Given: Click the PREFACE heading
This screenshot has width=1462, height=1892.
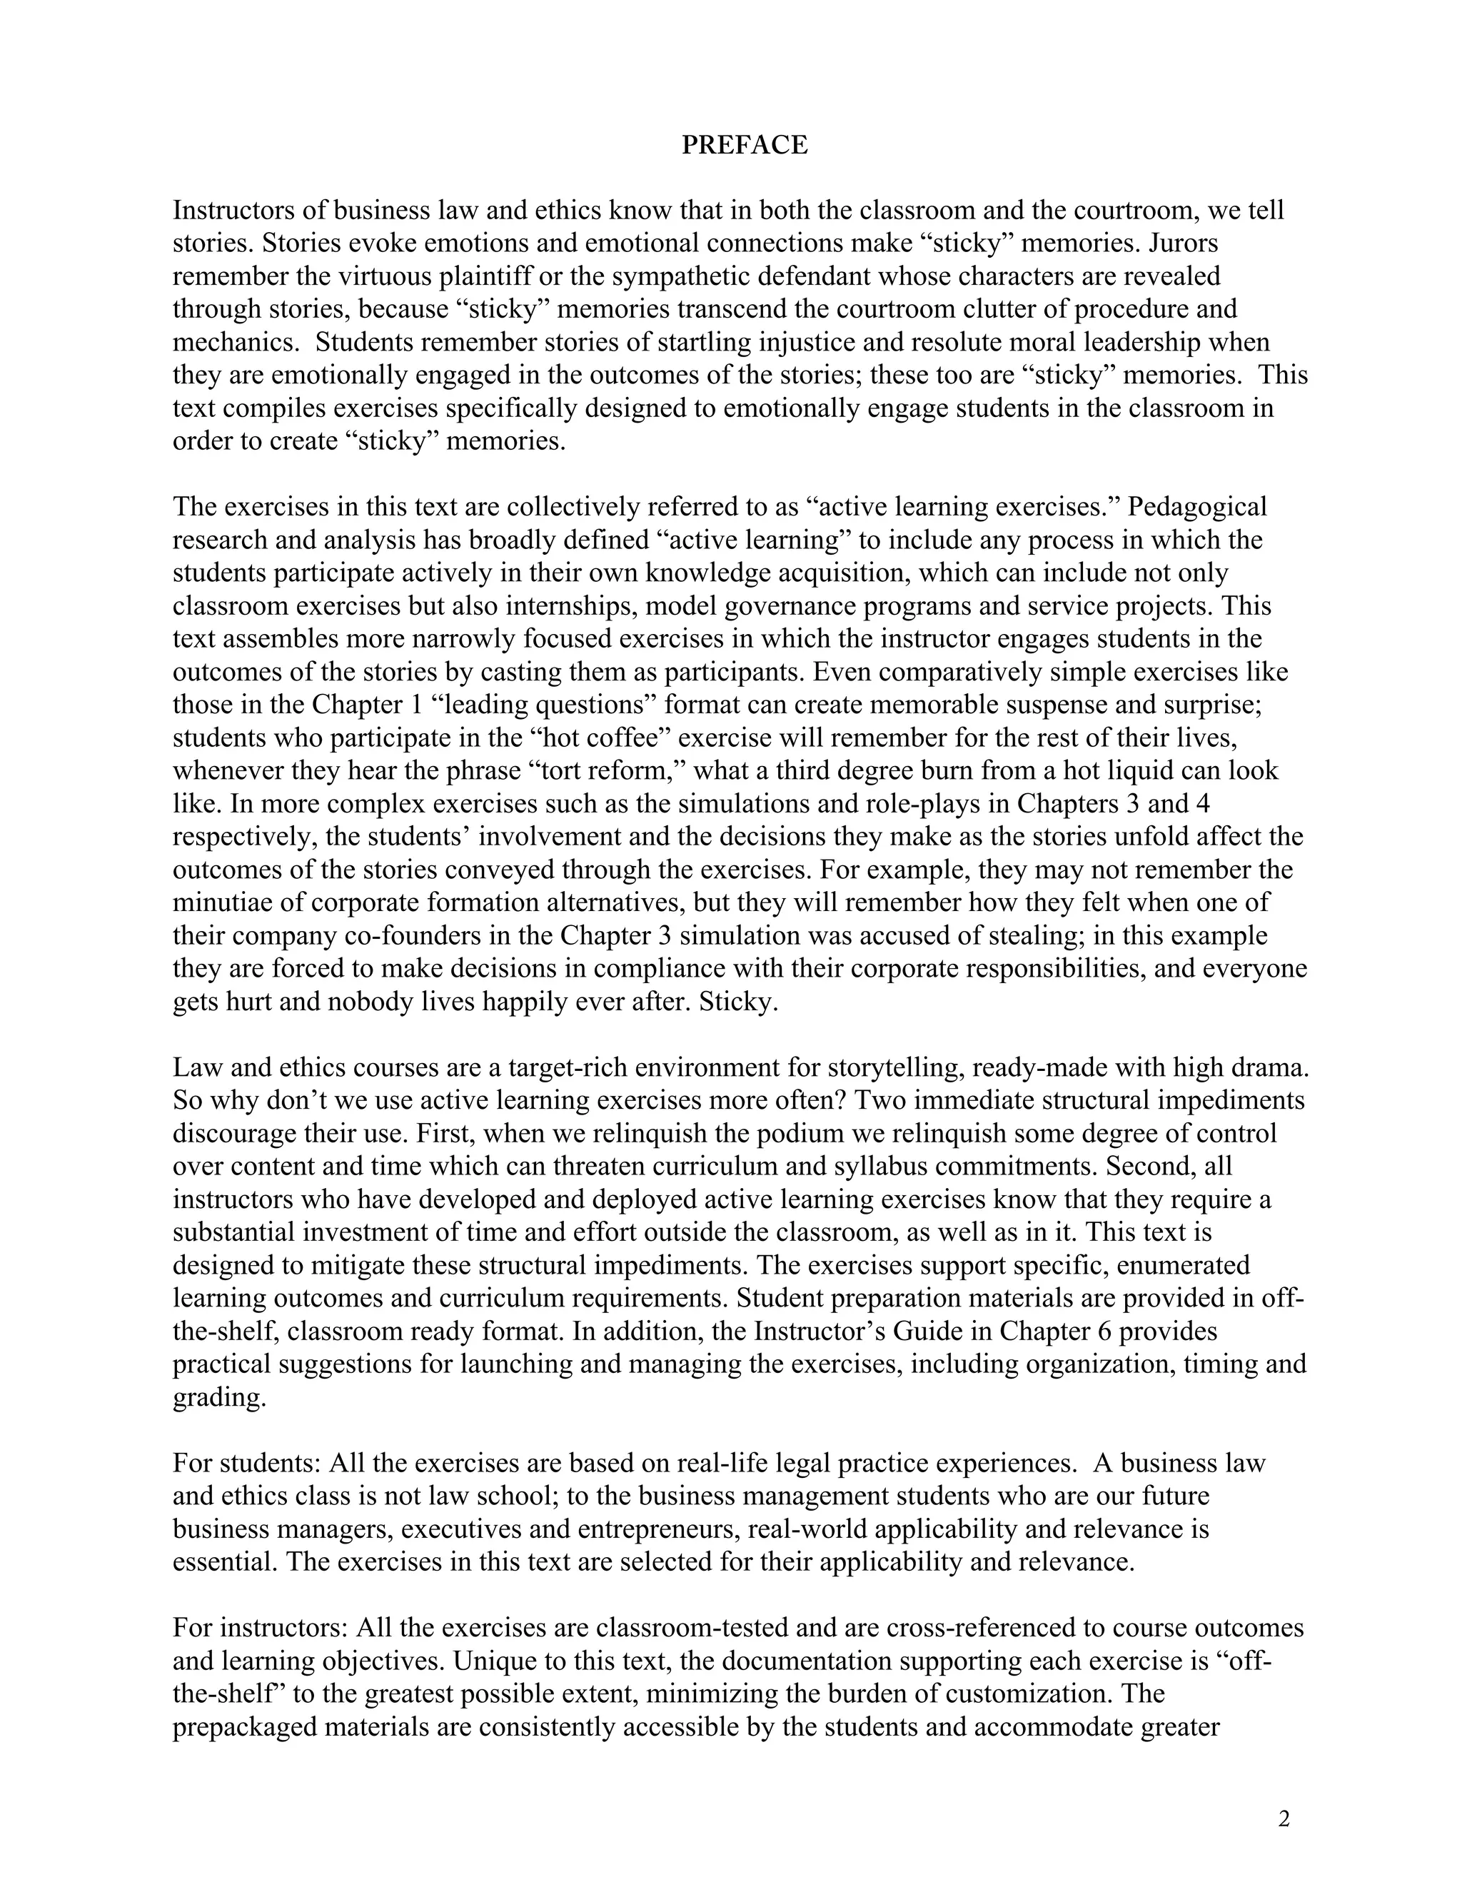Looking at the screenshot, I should pos(744,145).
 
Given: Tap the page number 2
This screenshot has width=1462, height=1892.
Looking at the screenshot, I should pos(1284,1818).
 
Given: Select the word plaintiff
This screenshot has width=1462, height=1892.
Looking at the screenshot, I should pos(487,276).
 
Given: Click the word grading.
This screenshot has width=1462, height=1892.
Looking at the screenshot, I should pos(218,1397).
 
